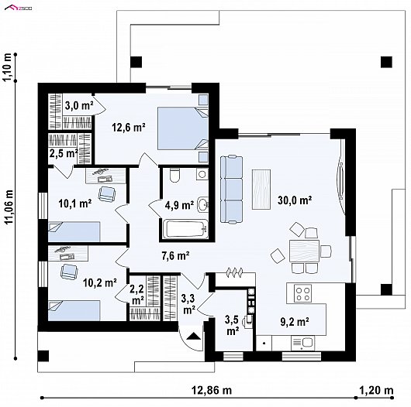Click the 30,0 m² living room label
coord(295,200)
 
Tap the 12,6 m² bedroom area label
coord(129,128)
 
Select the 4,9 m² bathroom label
coord(180,205)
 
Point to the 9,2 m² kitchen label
coord(295,322)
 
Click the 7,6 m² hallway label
coord(175,256)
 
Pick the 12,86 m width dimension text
coord(212,391)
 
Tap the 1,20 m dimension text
coord(376,391)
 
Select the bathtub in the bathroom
coord(185,229)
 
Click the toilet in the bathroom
coord(174,175)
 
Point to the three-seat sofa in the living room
coord(231,190)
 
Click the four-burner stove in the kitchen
coord(302,293)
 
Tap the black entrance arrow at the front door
coord(193,336)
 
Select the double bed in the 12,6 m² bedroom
coord(183,128)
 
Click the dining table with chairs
coord(304,251)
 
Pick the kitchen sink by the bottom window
coord(302,343)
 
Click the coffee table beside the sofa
coord(261,190)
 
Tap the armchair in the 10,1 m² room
coord(107,194)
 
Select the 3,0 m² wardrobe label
coord(78,106)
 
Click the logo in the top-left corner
coord(19,8)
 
